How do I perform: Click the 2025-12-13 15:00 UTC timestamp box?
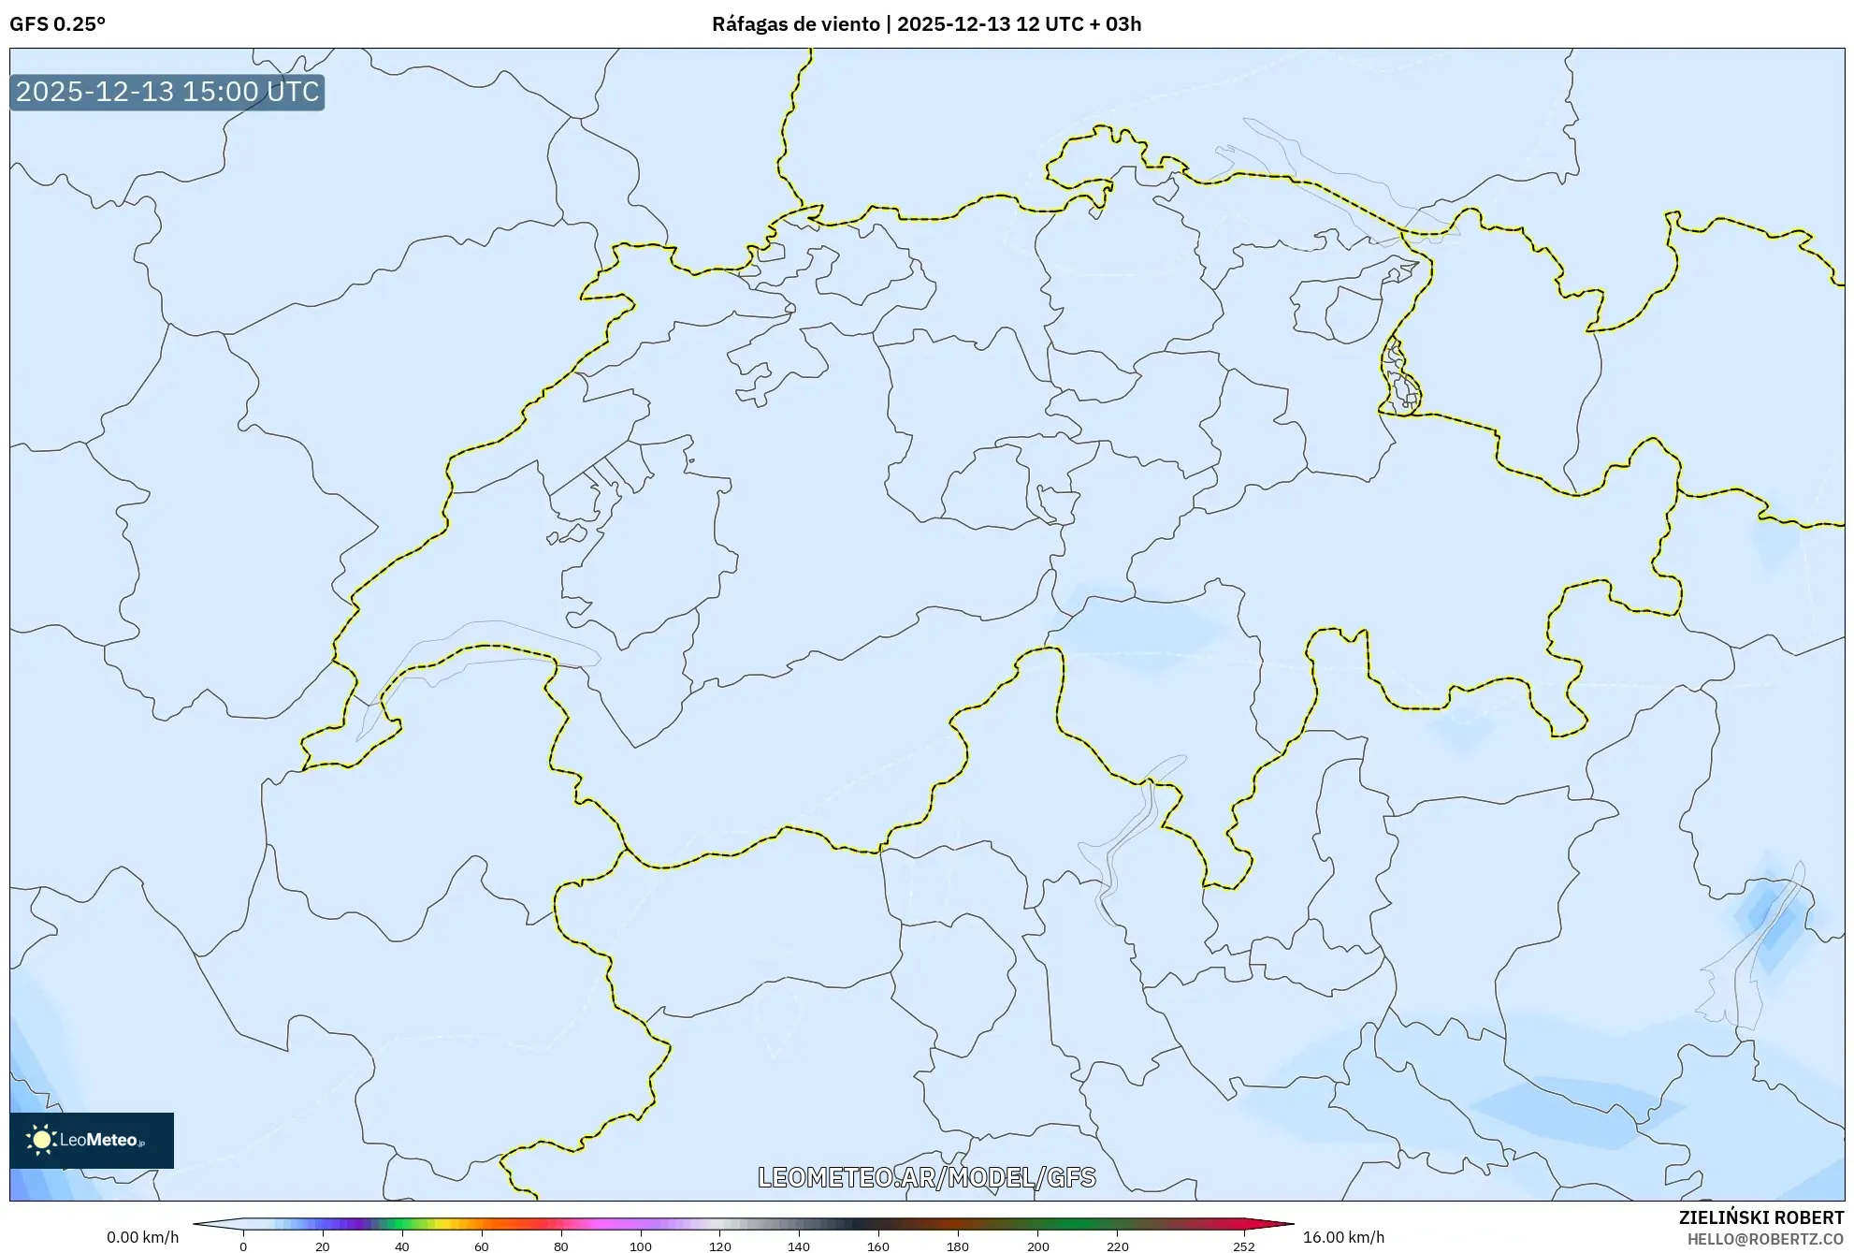pyautogui.click(x=167, y=92)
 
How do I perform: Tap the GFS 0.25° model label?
pyautogui.click(x=57, y=24)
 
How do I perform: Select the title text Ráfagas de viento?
pyautogui.click(x=795, y=24)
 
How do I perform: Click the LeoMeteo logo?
pyautogui.click(x=92, y=1140)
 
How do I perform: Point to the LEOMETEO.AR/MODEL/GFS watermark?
pyautogui.click(x=926, y=1177)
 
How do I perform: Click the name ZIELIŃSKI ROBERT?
pyautogui.click(x=1761, y=1217)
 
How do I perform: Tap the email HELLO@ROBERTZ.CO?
pyautogui.click(x=1765, y=1239)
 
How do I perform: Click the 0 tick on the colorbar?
pyautogui.click(x=243, y=1246)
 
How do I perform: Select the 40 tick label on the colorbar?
pyautogui.click(x=402, y=1246)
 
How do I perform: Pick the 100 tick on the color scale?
pyautogui.click(x=641, y=1246)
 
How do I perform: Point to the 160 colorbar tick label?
pyautogui.click(x=878, y=1246)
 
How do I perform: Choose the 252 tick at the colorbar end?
pyautogui.click(x=1243, y=1246)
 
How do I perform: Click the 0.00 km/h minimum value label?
pyautogui.click(x=142, y=1237)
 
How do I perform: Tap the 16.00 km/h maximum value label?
pyautogui.click(x=1343, y=1237)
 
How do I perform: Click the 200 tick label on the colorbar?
pyautogui.click(x=1037, y=1246)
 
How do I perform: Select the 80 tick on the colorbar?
pyautogui.click(x=561, y=1246)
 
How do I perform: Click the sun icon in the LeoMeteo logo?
pyautogui.click(x=41, y=1140)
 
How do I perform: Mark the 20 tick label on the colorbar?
pyautogui.click(x=323, y=1246)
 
